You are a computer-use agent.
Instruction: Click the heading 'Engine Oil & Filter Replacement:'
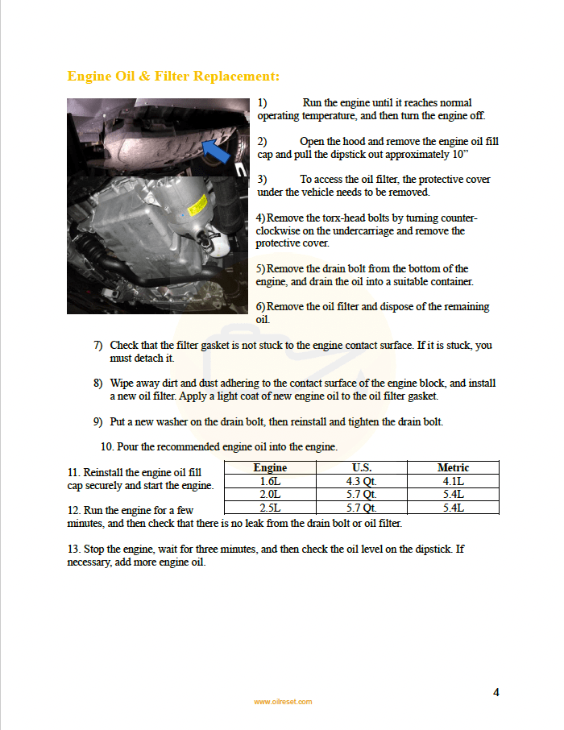click(x=173, y=77)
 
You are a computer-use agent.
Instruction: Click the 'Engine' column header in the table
click(x=270, y=467)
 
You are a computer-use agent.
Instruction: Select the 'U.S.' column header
click(x=362, y=467)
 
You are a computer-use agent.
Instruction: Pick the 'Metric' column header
click(x=453, y=467)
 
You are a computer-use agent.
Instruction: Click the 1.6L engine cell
click(x=270, y=481)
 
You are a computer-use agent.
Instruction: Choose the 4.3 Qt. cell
click(x=362, y=481)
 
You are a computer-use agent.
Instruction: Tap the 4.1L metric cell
click(x=453, y=481)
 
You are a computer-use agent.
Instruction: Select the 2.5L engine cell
click(x=270, y=508)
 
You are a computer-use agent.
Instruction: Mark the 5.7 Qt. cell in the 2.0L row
click(x=362, y=495)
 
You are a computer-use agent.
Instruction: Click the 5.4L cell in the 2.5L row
click(x=453, y=508)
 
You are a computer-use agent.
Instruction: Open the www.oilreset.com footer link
click(x=283, y=702)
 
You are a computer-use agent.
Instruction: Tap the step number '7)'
click(x=97, y=346)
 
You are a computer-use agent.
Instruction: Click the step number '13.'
click(x=74, y=550)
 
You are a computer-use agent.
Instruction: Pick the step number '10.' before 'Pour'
click(x=107, y=446)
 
